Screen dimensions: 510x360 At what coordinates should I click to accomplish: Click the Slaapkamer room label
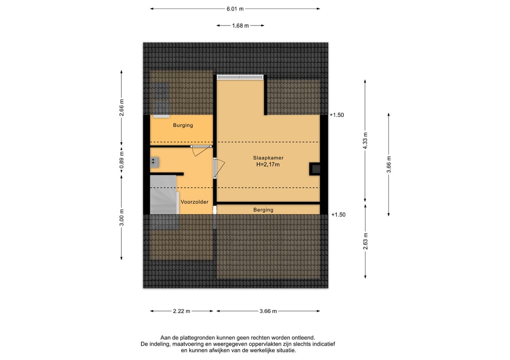click(268, 158)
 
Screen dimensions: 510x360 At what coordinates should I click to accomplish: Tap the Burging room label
click(183, 126)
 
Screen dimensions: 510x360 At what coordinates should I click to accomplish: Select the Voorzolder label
click(195, 202)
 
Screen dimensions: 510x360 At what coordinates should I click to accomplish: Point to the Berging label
click(263, 210)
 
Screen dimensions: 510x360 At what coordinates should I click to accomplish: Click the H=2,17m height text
click(268, 164)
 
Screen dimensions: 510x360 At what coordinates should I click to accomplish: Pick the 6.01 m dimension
click(235, 9)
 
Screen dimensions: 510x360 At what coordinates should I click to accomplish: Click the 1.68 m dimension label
click(240, 25)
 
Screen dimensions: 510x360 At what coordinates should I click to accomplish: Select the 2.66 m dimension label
click(121, 108)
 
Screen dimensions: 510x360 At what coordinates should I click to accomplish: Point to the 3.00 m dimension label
click(121, 218)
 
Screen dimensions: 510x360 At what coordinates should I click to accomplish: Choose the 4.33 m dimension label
click(365, 141)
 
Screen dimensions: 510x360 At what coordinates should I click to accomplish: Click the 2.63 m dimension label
click(365, 241)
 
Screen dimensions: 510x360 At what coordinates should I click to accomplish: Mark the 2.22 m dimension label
click(181, 311)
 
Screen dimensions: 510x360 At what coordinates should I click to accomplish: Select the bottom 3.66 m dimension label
click(268, 311)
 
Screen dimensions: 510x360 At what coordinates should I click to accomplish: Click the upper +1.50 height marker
click(337, 115)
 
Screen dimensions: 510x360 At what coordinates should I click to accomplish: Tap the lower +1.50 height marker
click(338, 215)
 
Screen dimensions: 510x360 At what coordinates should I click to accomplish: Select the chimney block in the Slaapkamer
click(315, 169)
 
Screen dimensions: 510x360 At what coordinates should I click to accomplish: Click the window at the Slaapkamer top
click(240, 77)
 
